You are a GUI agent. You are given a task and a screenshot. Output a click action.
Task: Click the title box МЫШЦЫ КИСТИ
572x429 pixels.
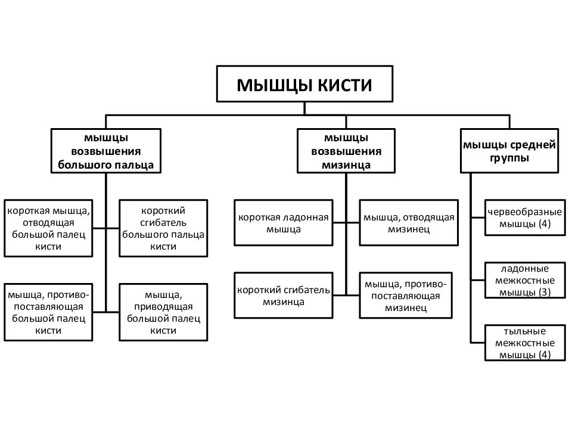click(304, 84)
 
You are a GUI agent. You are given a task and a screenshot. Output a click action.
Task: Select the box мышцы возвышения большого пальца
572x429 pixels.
click(106, 151)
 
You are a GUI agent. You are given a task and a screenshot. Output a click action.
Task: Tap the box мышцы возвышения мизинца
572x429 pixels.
click(346, 151)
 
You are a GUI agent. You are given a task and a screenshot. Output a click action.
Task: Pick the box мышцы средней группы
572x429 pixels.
click(509, 151)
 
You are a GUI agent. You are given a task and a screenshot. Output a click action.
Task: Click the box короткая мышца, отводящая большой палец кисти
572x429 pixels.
click(48, 228)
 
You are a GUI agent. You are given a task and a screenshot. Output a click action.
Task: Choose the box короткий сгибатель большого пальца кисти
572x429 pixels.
click(163, 228)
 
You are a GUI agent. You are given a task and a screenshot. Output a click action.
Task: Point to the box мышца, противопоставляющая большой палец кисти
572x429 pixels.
click(48, 312)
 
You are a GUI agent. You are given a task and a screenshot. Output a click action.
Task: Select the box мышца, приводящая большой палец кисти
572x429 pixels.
click(163, 312)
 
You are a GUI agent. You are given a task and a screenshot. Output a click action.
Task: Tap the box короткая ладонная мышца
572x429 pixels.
click(284, 222)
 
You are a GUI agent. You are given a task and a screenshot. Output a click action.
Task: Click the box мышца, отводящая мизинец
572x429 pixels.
click(409, 222)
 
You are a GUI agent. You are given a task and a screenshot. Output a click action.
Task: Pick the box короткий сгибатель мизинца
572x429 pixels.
click(284, 296)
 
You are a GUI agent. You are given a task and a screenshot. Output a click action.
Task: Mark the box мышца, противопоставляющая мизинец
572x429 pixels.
click(406, 296)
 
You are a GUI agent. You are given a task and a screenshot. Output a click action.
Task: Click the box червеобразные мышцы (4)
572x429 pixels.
click(525, 218)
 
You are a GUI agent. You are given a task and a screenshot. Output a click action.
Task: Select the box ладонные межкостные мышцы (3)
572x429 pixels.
click(525, 280)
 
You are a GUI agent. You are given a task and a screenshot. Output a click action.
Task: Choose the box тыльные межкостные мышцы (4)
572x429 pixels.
click(525, 343)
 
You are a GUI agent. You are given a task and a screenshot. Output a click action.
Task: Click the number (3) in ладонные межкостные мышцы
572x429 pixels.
click(543, 292)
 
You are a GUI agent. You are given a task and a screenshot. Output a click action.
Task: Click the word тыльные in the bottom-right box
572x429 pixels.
click(525, 331)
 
